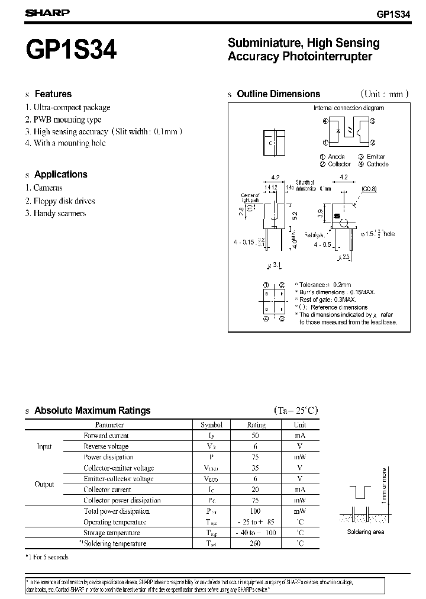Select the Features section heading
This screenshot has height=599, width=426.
(53, 94)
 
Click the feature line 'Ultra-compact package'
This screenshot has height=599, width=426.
(71, 107)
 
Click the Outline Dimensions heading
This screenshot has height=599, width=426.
(278, 94)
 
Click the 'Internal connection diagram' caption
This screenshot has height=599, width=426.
(348, 108)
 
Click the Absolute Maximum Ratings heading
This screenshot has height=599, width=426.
(92, 410)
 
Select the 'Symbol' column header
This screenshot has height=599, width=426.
(211, 424)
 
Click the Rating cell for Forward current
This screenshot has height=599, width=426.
(256, 436)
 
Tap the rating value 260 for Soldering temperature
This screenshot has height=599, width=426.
(256, 543)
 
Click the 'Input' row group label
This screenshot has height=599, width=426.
(44, 446)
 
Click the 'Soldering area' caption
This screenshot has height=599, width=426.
(366, 532)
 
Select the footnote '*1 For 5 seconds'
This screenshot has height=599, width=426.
(47, 557)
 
